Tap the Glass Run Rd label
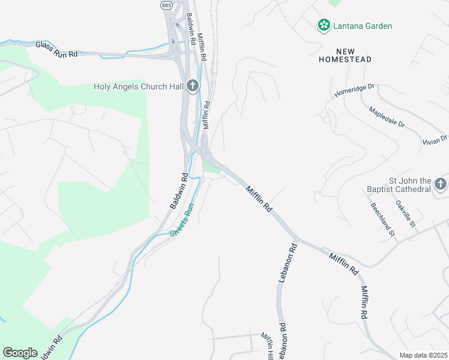[56, 49]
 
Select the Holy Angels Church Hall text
[138, 86]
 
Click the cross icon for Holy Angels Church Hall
[193, 86]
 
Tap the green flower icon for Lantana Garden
[324, 25]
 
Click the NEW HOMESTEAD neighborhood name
[345, 55]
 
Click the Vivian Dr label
[436, 139]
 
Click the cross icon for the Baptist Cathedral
[441, 184]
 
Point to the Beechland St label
[382, 218]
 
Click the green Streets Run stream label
[182, 219]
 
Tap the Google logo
[20, 353]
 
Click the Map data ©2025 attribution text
[423, 355]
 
